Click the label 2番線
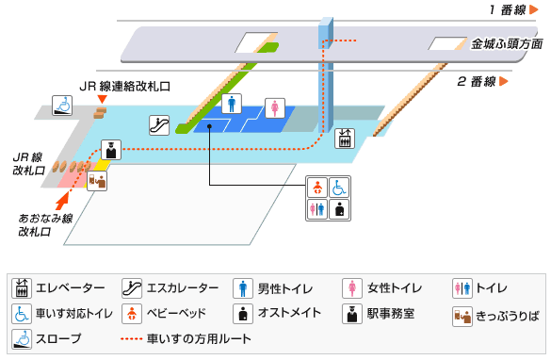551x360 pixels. point(476,82)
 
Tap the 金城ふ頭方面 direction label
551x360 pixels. point(508,44)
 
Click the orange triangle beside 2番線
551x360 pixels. point(505,82)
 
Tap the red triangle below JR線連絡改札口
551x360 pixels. point(102,99)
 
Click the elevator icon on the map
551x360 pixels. point(345,138)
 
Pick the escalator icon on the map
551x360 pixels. point(158,123)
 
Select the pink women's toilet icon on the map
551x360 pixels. point(274,106)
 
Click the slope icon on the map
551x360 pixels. point(63,105)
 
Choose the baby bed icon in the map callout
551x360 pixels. point(317,187)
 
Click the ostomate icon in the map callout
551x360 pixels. point(340,209)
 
